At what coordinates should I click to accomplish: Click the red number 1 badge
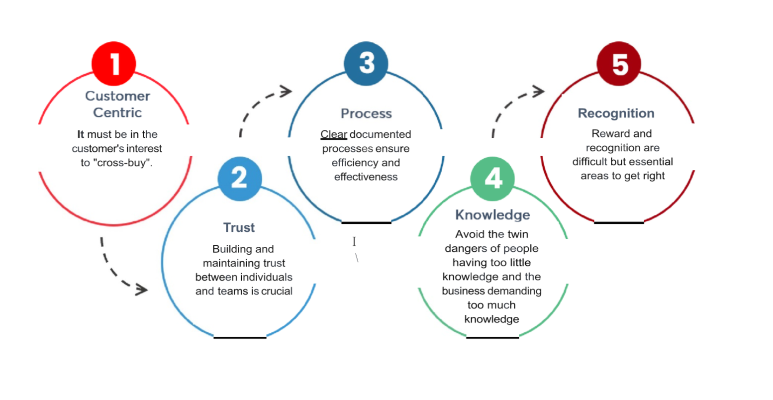point(114,64)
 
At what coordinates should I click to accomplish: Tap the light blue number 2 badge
point(240,179)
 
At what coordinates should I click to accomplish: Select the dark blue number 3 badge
point(366,63)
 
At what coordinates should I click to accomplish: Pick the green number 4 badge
point(492,179)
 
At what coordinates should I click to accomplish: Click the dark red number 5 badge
point(619,64)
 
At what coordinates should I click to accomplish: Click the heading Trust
point(239,227)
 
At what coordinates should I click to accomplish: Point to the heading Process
point(366,113)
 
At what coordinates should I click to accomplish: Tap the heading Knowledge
point(492,215)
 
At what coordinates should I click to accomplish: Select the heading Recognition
point(616,113)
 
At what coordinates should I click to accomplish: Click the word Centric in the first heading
point(117,112)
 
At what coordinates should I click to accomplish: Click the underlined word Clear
point(334,134)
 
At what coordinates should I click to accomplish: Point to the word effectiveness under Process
point(366,177)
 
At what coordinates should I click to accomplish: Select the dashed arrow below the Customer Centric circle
point(119,271)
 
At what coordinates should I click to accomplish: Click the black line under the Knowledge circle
point(492,337)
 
